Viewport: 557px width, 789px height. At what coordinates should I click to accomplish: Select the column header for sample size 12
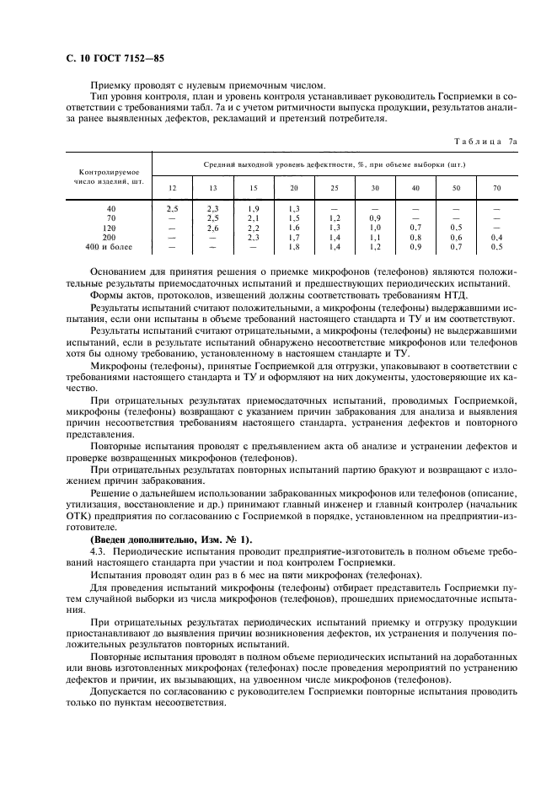173,187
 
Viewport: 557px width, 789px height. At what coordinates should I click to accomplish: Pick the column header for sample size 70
496,187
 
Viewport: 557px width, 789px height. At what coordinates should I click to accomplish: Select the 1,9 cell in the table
253,208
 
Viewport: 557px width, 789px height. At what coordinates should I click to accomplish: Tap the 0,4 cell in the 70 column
496,238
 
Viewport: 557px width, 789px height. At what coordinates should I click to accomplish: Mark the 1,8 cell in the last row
293,247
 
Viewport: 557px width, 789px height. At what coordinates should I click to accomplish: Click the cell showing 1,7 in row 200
293,238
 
